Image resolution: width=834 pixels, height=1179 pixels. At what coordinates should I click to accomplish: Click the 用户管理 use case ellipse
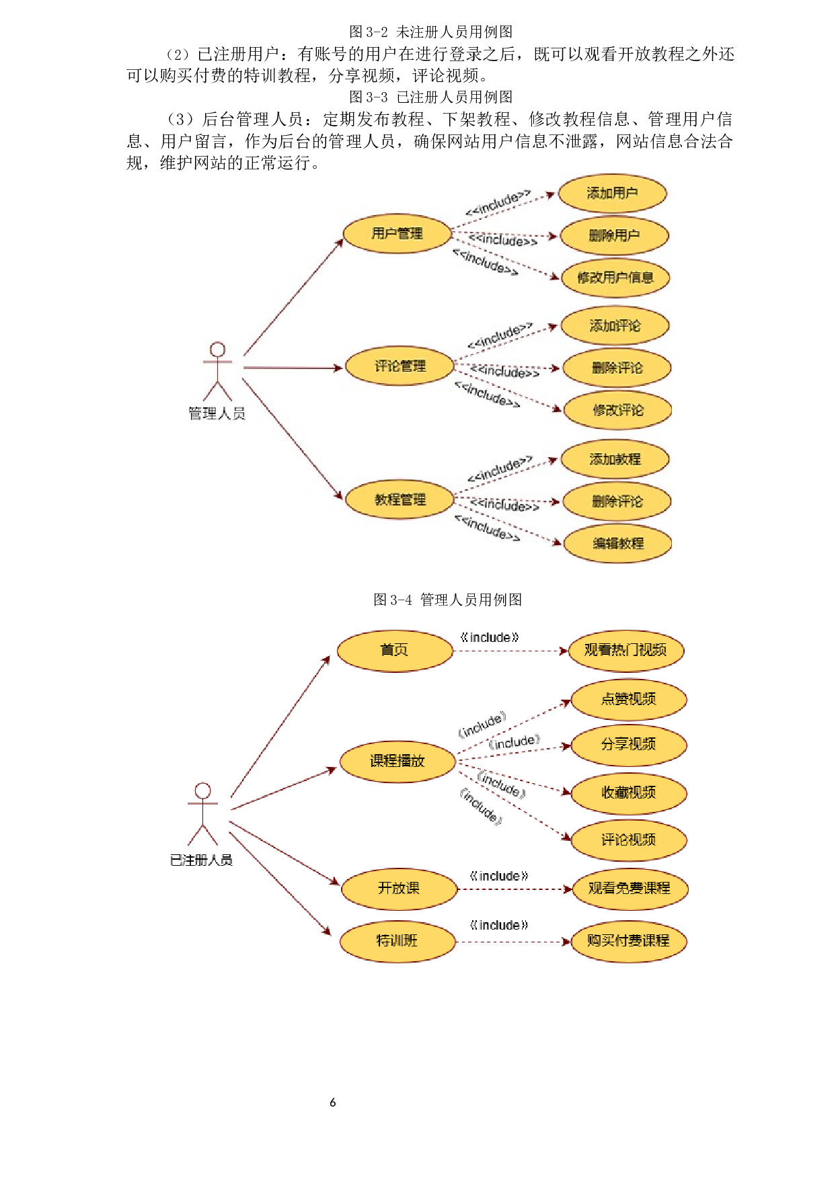(x=397, y=234)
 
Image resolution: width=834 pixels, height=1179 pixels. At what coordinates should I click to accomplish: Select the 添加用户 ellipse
(x=612, y=194)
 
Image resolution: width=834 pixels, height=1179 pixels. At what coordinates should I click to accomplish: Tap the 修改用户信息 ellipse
(x=615, y=278)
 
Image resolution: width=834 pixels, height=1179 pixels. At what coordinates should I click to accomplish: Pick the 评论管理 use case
(x=400, y=366)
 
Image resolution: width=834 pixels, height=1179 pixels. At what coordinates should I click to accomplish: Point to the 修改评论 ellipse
(x=617, y=410)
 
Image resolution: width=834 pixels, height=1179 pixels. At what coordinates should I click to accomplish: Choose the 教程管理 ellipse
(x=400, y=499)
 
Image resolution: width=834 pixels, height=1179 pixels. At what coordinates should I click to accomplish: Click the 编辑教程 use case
(x=617, y=543)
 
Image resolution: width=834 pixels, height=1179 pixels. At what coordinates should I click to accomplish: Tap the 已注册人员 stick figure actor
(x=202, y=813)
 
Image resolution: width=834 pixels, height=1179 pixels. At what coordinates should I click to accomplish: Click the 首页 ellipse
(x=395, y=650)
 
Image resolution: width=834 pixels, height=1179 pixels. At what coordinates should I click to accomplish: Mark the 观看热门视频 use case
(x=625, y=650)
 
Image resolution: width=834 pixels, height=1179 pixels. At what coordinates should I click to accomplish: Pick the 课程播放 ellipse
(x=397, y=761)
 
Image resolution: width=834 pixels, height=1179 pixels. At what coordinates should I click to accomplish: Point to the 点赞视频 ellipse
(x=628, y=699)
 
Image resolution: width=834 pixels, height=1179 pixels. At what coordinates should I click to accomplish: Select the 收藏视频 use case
(x=628, y=793)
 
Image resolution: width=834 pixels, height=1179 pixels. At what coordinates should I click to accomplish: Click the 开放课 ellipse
(x=399, y=889)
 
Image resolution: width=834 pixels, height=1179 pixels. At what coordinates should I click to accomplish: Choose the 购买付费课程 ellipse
(x=628, y=940)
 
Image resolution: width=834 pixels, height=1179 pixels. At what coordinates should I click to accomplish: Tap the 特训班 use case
(x=397, y=940)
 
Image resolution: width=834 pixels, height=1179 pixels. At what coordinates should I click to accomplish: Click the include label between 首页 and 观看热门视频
(x=490, y=637)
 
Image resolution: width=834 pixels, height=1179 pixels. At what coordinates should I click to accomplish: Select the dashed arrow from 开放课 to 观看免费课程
(x=515, y=889)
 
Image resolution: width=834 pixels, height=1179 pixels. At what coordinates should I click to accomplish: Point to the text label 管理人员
(x=217, y=413)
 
